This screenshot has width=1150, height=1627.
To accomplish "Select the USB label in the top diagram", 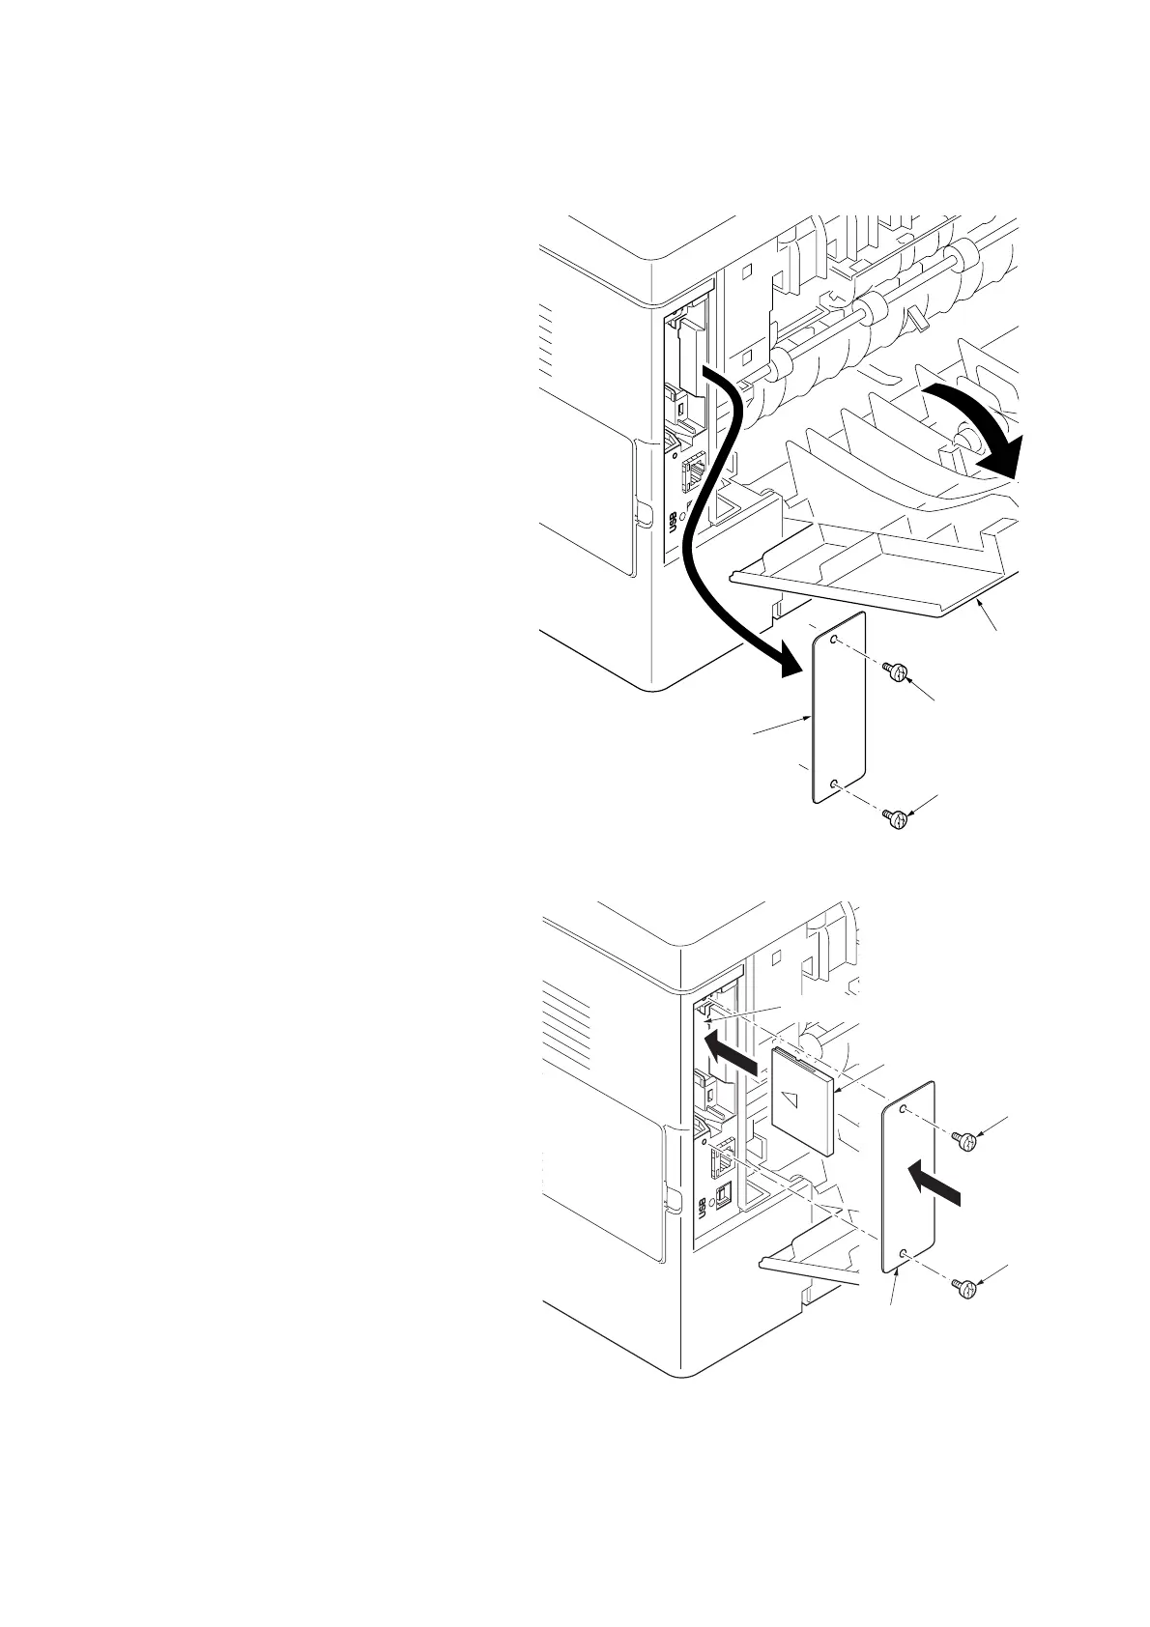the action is pos(673,522).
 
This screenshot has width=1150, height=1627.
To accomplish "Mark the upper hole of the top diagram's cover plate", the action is pos(838,640).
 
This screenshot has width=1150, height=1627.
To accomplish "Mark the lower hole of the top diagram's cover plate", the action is pos(835,785).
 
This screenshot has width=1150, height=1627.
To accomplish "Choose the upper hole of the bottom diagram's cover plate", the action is pos(904,1112).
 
